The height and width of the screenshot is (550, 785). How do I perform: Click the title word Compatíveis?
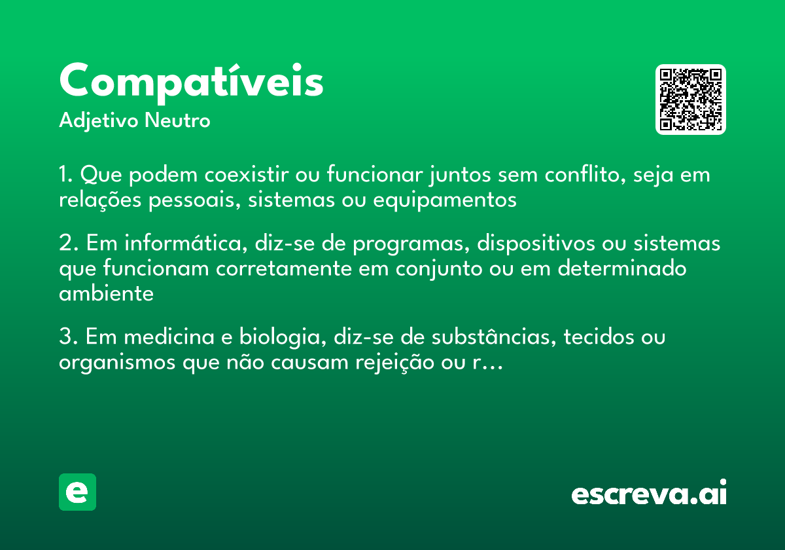tap(191, 82)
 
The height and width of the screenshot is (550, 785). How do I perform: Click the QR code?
tap(690, 100)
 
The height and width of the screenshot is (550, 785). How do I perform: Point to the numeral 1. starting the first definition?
tap(67, 175)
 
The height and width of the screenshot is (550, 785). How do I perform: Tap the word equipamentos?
tap(444, 200)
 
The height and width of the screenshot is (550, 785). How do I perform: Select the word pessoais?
tap(188, 200)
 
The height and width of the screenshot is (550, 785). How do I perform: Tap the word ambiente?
tap(106, 293)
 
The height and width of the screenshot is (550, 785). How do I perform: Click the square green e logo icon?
tap(77, 492)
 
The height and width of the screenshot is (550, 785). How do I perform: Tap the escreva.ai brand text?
tap(649, 493)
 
